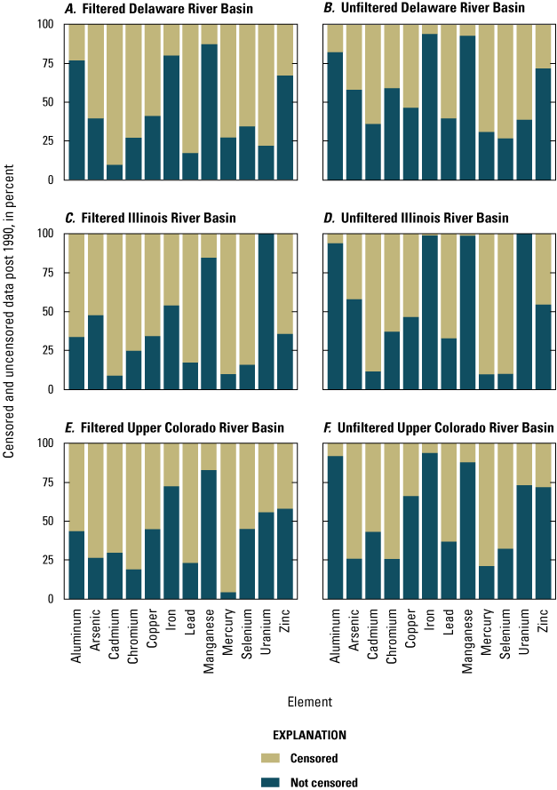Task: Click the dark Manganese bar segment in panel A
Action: click(x=210, y=111)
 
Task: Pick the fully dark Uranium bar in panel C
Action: click(x=267, y=311)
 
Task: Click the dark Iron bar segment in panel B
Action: click(x=429, y=107)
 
